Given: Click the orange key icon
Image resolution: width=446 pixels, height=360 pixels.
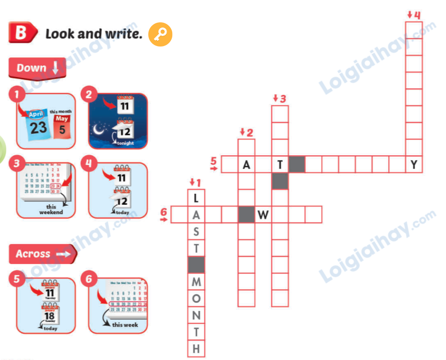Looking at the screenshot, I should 160,34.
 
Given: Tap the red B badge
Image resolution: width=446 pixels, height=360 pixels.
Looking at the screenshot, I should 21,33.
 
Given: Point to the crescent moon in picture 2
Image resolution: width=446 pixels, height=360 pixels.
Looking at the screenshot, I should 99,128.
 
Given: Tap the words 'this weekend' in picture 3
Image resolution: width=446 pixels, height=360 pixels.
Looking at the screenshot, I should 51,209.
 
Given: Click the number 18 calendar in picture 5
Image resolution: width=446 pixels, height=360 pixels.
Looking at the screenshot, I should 49,314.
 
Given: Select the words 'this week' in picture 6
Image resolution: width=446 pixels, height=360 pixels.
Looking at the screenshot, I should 125,325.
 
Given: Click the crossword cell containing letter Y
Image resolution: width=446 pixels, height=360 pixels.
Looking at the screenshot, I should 414,164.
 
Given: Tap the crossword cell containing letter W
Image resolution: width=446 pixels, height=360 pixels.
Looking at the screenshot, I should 263,215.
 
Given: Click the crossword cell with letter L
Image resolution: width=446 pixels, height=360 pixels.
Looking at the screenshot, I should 196,198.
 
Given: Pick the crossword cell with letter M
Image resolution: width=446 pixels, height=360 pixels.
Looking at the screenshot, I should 196,282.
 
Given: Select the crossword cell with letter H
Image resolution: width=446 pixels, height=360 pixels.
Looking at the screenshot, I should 196,349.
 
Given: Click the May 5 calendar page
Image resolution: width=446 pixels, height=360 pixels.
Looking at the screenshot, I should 62,126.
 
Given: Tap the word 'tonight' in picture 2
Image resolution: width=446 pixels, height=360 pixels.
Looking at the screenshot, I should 125,143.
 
